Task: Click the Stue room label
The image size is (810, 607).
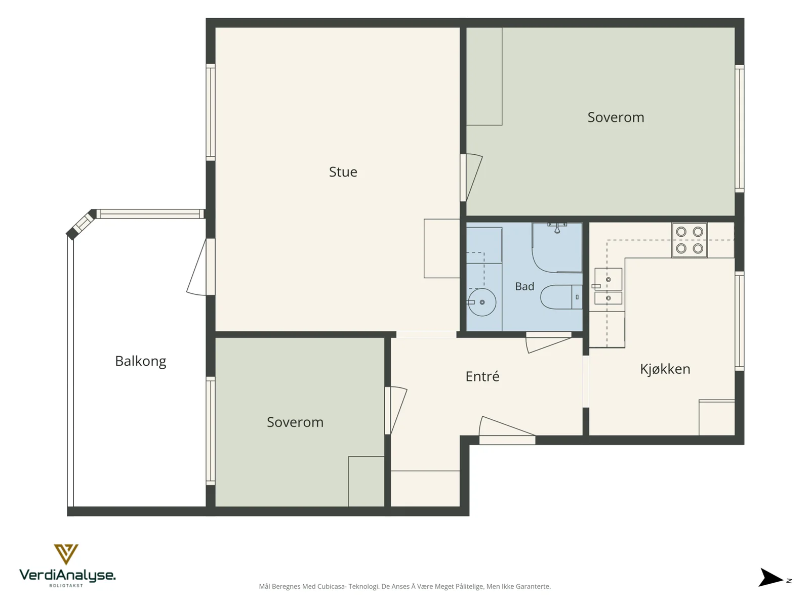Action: (343, 172)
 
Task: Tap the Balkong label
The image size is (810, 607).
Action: (141, 361)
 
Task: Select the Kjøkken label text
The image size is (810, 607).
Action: (665, 369)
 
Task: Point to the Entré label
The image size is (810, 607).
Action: (482, 376)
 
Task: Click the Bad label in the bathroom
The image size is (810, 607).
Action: (524, 286)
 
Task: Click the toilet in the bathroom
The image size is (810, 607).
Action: (561, 297)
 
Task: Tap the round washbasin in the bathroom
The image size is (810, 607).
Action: (481, 302)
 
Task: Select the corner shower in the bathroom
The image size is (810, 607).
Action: (557, 248)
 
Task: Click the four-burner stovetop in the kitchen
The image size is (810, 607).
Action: (690, 240)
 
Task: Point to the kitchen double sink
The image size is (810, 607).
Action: (608, 286)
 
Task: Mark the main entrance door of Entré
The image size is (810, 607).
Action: (507, 430)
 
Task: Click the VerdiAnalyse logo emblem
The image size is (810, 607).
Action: (66, 554)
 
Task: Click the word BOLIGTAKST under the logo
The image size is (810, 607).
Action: (66, 585)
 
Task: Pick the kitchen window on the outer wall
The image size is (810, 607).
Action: (739, 321)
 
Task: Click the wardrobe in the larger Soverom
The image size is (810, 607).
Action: (484, 76)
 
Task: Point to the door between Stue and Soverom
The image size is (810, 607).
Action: (471, 178)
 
